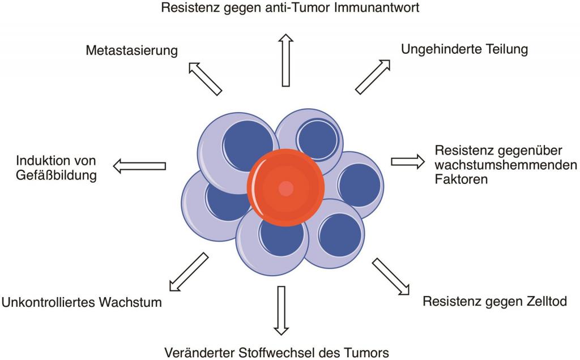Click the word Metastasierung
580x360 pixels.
tap(131, 50)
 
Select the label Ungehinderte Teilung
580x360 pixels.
tap(464, 49)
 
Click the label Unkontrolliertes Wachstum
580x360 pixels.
tap(82, 302)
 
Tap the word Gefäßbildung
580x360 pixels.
tap(56, 175)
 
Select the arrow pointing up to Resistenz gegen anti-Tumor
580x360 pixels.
tap(287, 59)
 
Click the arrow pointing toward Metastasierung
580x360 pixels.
tap(204, 78)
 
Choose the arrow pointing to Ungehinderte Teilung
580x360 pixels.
tap(373, 75)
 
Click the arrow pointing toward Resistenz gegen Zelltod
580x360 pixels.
tap(390, 276)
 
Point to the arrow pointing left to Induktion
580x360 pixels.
tap(139, 166)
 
